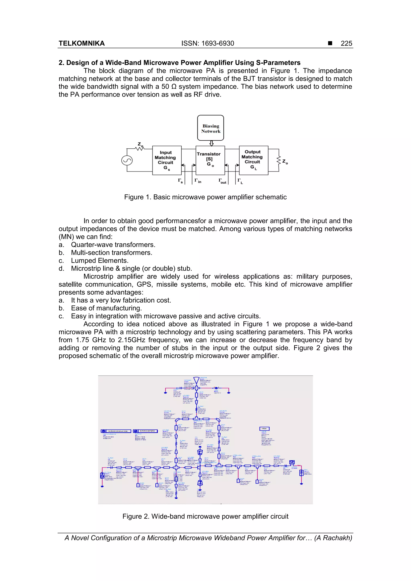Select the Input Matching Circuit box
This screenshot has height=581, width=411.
coord(167,160)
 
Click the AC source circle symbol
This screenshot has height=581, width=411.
coord(127,160)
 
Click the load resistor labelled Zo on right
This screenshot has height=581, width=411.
coord(279,160)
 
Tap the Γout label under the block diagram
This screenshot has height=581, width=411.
coord(222,181)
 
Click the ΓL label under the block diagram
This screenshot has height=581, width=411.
coord(240,181)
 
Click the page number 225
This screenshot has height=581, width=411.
coord(346,44)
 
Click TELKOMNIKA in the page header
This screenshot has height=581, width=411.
coord(81,44)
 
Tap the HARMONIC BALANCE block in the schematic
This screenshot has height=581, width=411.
coord(116,431)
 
